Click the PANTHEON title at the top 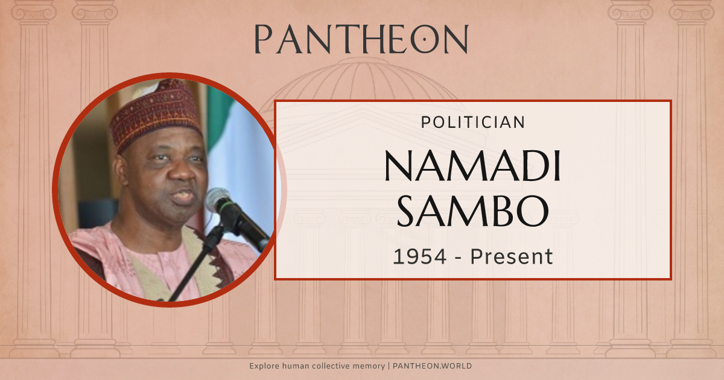[x=361, y=39]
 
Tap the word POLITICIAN [x=473, y=122]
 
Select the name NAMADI [x=473, y=166]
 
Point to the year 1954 [x=420, y=257]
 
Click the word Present [x=512, y=257]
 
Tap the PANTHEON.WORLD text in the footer [x=433, y=366]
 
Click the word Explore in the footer [x=264, y=366]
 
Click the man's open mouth [x=183, y=197]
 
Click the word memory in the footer [x=369, y=366]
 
